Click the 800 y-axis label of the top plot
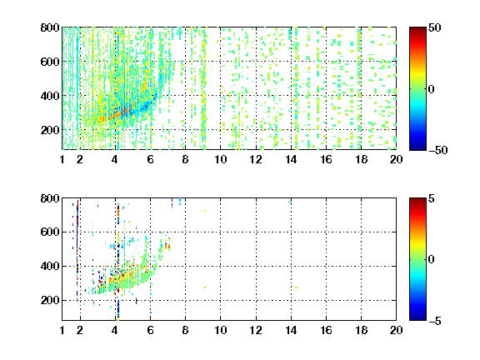coord(50,27)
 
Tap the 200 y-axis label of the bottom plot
coord(50,300)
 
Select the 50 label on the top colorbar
coord(434,27)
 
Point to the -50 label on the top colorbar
coord(438,150)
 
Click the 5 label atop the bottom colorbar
coord(432,198)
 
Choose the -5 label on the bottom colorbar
coord(435,321)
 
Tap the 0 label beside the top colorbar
coord(431,89)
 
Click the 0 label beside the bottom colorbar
coord(431,260)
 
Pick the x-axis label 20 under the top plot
coord(396,159)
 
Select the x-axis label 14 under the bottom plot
coord(291,330)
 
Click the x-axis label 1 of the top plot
coord(62,159)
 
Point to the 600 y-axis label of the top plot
coord(50,62)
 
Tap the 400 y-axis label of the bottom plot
coord(50,266)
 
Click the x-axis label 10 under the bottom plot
coord(220,330)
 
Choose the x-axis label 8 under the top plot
coord(185,159)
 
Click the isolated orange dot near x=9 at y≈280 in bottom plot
coord(205,287)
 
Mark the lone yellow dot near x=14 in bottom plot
coord(296,287)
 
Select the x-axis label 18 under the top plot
coord(361,159)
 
